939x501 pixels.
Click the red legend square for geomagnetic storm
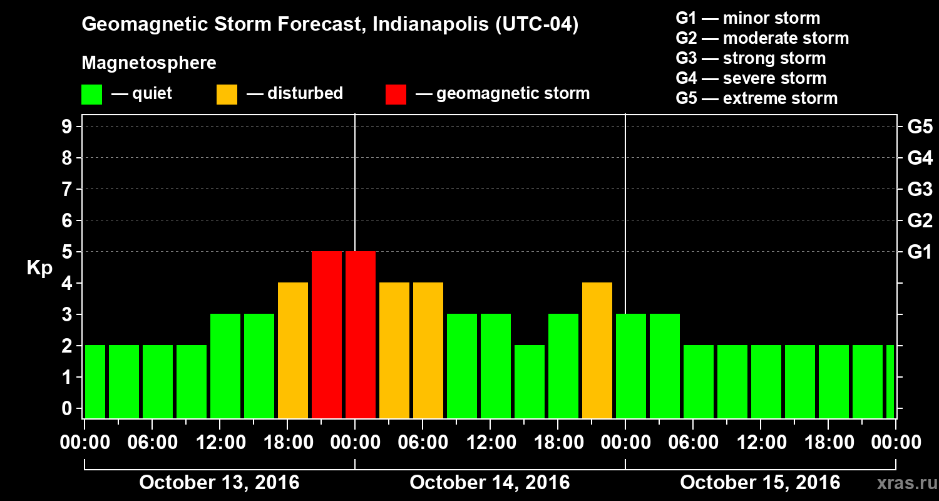[396, 94]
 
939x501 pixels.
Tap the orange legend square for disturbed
[227, 94]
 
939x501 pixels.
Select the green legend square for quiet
[91, 94]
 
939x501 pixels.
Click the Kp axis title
[39, 268]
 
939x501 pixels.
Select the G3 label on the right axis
[920, 189]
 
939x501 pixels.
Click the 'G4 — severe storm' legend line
[751, 78]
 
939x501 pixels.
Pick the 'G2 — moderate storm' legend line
[762, 38]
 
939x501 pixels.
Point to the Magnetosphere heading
[149, 63]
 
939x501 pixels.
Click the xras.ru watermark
[902, 483]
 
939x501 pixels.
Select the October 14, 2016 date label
[490, 483]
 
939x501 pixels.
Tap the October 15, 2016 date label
[760, 483]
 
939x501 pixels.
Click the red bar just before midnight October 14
[327, 334]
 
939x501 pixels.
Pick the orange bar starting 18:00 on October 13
[293, 350]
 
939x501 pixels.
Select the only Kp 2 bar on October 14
[530, 381]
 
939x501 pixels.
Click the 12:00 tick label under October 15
[760, 443]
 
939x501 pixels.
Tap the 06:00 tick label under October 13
[151, 443]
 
